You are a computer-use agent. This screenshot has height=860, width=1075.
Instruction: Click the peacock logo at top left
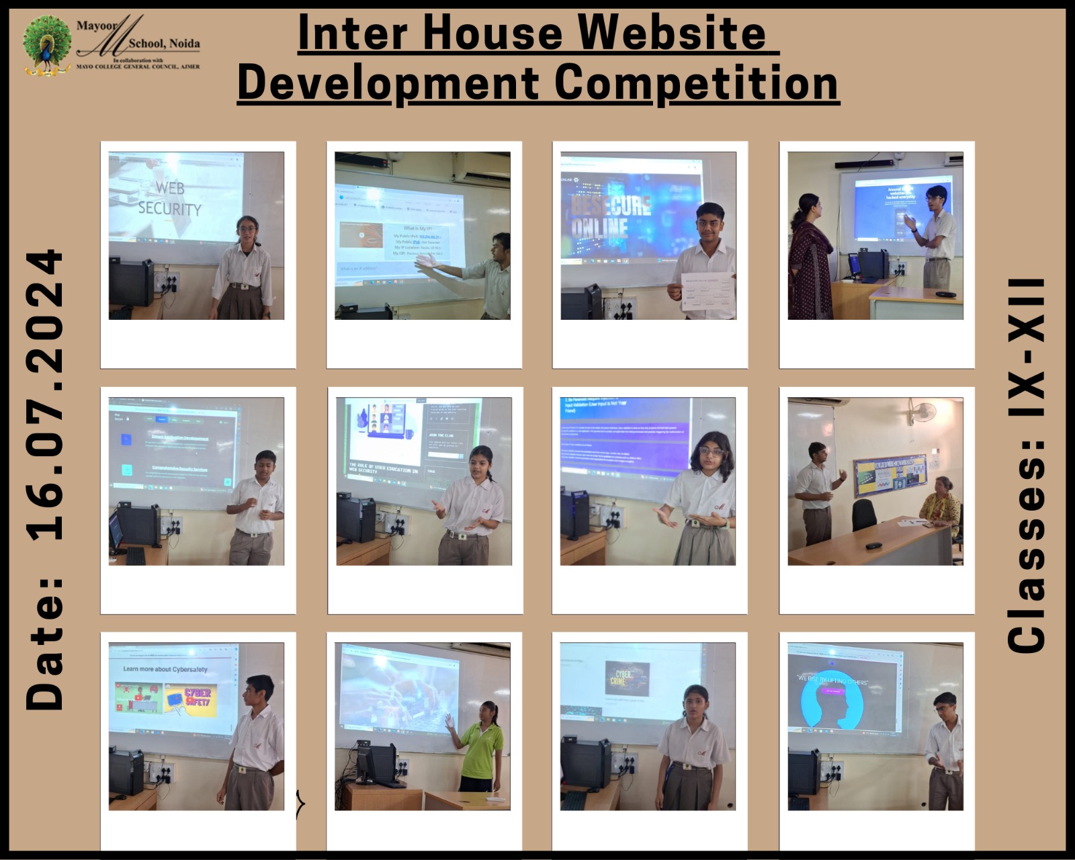47,46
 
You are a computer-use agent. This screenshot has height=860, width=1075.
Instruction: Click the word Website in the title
672,32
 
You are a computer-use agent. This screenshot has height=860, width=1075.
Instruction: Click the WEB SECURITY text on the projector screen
170,198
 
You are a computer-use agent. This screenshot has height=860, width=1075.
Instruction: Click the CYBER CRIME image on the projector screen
627,677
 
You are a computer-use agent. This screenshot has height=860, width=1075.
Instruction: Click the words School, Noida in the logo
164,44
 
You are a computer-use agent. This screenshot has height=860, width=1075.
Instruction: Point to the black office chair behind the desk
864,515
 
